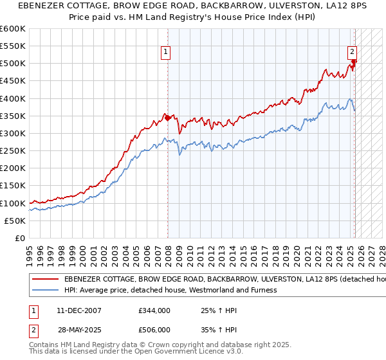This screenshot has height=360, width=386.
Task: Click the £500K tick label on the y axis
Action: point(13,63)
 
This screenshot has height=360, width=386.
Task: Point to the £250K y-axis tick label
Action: point(13,150)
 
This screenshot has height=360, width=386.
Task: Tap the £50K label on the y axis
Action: point(15,221)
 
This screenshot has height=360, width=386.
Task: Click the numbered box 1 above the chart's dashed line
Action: point(166,53)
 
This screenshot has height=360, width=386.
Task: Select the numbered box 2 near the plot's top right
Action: point(353,53)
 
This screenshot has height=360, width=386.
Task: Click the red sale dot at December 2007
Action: point(168,118)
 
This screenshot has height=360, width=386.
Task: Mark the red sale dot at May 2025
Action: point(354,62)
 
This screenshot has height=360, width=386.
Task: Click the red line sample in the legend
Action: point(46,280)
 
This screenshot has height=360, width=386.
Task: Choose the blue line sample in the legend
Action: point(46,290)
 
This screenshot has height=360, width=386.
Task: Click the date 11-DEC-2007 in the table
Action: point(79,310)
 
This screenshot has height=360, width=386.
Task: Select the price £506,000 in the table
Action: point(154,329)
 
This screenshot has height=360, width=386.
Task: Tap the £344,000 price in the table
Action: point(154,310)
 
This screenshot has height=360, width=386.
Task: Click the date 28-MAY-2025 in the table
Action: point(80,329)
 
